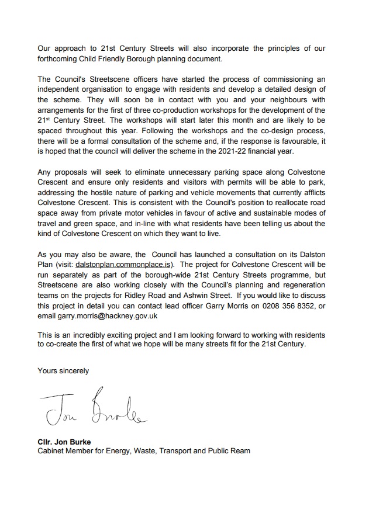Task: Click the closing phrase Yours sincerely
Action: (63, 370)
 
